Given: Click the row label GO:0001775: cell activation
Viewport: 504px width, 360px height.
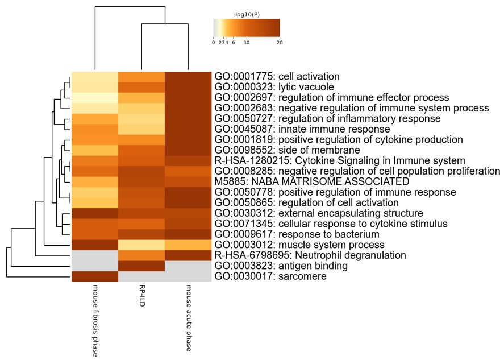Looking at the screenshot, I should pos(277,76).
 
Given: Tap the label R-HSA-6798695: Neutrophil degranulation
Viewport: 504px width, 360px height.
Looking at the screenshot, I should pos(309,255).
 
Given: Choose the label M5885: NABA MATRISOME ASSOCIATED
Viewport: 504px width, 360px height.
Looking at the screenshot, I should pos(312,181).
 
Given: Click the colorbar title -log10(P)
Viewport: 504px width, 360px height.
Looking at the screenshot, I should pos(246,14).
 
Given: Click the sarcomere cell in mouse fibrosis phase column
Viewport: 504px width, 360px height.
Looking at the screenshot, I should pos(95,276).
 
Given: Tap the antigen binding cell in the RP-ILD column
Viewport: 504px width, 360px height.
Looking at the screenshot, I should pos(141,266).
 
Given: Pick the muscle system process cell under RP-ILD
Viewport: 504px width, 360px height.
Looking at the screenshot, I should pos(141,245).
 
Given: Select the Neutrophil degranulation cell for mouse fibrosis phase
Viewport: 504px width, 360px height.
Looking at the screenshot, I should pos(95,255).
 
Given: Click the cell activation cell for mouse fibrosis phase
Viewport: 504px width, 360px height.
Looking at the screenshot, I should pos(95,76).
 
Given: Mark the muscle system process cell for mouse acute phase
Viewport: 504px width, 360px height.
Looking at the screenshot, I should pos(188,245).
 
